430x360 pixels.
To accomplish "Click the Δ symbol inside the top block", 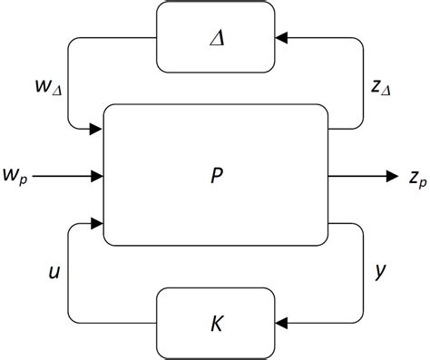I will pyautogui.click(x=214, y=37).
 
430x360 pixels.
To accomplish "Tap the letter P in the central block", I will pyautogui.click(x=214, y=176).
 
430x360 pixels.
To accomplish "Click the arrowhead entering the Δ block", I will pyautogui.click(x=280, y=37).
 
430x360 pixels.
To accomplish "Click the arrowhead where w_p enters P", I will pyautogui.click(x=97, y=175).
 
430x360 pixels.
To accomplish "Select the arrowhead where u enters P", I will pyautogui.click(x=97, y=220).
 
